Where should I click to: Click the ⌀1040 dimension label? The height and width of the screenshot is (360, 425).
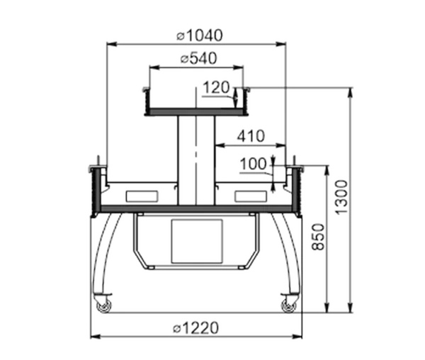coord(200,35)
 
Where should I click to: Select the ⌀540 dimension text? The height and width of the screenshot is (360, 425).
coord(198,58)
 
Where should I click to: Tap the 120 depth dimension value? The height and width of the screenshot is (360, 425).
coord(216,87)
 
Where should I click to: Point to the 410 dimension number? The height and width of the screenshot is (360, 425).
coord(251,136)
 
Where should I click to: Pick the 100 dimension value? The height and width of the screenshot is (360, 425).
coord(253,164)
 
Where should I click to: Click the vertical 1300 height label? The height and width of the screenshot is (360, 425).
coord(341,197)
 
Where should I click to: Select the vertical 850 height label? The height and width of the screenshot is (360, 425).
coord(317,237)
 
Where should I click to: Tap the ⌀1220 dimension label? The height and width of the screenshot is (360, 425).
coord(195,328)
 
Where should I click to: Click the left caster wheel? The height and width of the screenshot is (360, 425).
coord(104,306)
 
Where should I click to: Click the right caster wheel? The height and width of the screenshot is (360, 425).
coord(288,306)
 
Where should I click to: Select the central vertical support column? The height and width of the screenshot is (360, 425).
coord(196,160)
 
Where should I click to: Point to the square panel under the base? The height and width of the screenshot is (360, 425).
coord(197,241)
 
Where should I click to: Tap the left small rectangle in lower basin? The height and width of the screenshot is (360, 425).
coord(142,196)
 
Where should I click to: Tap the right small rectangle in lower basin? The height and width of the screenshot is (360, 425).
coord(251,196)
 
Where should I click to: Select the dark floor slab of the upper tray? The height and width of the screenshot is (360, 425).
coord(195,112)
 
